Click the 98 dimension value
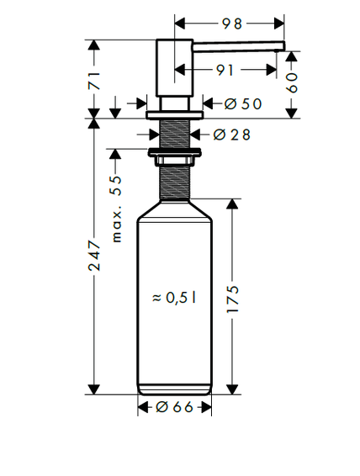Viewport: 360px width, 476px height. pos(231,24)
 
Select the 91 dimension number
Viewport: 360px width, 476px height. pos(225,70)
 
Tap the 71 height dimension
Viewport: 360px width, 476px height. pos(94,81)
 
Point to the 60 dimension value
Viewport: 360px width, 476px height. pos(292,82)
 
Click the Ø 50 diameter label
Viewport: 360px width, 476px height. pos(243,104)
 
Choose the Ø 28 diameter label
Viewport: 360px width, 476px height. pos(231,135)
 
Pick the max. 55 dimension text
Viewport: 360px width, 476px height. pos(117,209)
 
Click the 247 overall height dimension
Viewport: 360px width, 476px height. pos(94,256)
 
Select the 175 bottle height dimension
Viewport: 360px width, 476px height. pos(233,299)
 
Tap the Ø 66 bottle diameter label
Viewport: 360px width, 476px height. pos(174,407)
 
